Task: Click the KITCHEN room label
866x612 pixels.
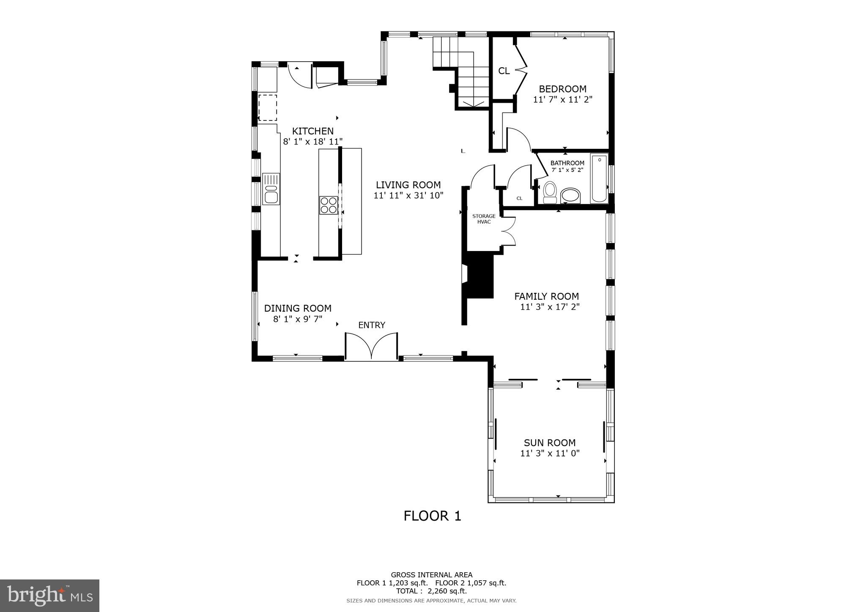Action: [x=312, y=131]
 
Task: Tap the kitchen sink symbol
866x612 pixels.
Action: [x=271, y=189]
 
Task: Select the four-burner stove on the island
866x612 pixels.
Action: [x=328, y=205]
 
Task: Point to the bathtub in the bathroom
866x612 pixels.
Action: [x=599, y=178]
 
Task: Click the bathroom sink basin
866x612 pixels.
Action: [x=570, y=196]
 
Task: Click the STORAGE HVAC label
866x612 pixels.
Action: [x=484, y=219]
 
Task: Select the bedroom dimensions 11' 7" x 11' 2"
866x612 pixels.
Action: [x=562, y=100]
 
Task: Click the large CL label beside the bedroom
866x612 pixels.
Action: [x=504, y=71]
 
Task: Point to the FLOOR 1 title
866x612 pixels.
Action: [x=432, y=516]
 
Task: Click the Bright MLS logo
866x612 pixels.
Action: [x=49, y=596]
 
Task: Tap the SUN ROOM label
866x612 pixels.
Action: [x=550, y=443]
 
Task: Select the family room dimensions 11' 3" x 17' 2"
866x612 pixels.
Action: [x=550, y=307]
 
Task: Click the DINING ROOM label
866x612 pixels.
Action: [x=298, y=309]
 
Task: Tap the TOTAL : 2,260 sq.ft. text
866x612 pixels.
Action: [x=431, y=591]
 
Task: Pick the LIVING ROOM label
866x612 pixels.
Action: [x=408, y=185]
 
